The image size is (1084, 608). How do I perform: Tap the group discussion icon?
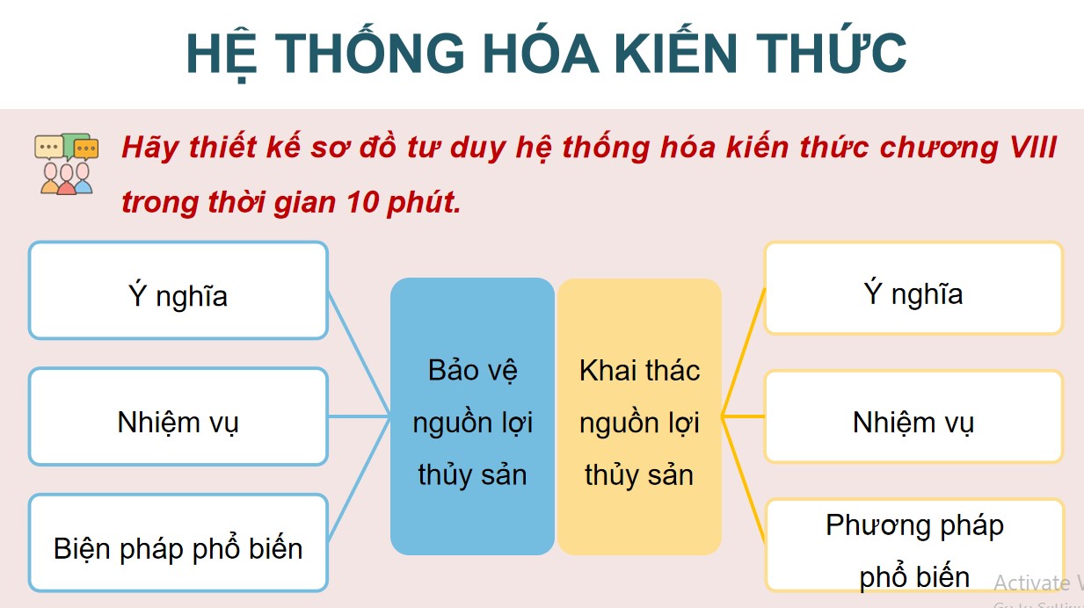65,163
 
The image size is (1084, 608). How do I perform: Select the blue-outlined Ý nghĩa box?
178,291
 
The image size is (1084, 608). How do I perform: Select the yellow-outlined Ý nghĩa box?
913,289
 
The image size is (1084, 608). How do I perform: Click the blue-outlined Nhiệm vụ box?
178,416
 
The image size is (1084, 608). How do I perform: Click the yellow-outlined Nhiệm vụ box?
913,416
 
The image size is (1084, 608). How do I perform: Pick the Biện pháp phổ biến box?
178,543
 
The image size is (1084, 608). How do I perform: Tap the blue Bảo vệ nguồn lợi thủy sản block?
472,417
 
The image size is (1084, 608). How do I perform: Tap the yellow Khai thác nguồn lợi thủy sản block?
639,417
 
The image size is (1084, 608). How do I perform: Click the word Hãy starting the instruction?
145,148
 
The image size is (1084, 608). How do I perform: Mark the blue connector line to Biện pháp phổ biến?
359,479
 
